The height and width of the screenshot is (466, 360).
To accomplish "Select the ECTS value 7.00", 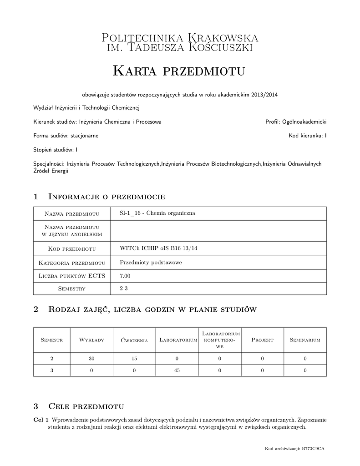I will [125, 276].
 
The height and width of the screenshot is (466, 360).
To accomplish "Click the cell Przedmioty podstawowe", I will [144, 263].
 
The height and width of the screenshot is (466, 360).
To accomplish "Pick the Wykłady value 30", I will [91, 358].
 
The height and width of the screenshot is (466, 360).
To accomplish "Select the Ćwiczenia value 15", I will [134, 358].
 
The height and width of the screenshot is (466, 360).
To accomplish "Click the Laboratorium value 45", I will [177, 370].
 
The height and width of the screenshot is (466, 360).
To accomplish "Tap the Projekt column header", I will [262, 340].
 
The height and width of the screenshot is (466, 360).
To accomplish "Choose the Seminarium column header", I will [305, 340].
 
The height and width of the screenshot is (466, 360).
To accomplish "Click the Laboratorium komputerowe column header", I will [219, 340].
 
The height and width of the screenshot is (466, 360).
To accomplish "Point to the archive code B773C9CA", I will [313, 449].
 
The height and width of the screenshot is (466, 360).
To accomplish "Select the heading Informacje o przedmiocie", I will [106, 197].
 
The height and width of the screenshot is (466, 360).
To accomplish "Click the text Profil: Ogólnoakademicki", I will [296, 122].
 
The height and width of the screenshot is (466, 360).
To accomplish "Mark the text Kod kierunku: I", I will [307, 136].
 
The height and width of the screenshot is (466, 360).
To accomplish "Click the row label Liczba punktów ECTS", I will [72, 276].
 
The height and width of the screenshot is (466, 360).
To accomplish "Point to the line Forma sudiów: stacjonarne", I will [66, 136].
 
